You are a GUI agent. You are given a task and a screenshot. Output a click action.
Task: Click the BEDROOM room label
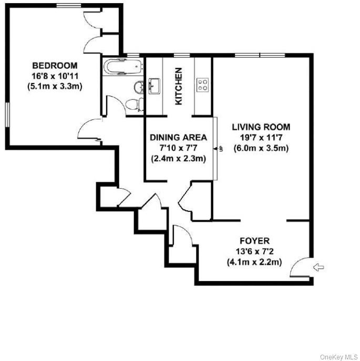coord(55,66)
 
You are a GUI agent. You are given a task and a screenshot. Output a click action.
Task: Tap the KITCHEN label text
coord(179,86)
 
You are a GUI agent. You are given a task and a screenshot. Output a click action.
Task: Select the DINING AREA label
coord(179,138)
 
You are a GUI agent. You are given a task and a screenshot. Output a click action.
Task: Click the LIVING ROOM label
coord(261,127)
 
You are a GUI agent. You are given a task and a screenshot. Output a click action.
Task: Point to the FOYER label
coord(254,241)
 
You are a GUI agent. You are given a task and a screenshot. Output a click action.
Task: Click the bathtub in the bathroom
coord(122,67)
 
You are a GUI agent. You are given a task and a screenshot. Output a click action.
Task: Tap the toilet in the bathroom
coord(135,105)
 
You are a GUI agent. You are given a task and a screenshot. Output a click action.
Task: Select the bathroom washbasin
coord(139,87)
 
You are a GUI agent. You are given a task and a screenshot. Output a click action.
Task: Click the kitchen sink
coord(154,86)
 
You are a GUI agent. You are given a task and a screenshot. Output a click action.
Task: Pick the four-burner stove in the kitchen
coord(203,85)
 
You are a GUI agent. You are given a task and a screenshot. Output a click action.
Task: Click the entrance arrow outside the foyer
coord(318,267)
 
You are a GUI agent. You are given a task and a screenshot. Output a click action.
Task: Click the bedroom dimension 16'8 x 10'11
coord(55,76)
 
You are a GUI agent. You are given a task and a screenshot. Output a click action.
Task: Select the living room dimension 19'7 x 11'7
coord(261,138)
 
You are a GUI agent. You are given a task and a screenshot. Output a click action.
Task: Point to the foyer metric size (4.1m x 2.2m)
coord(254,262)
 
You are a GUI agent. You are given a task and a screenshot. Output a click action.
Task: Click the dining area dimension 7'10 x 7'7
coord(179,148)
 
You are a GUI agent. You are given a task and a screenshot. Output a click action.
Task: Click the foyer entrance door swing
coord(295,263)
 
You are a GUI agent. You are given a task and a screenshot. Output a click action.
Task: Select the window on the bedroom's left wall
coord(7,115)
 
